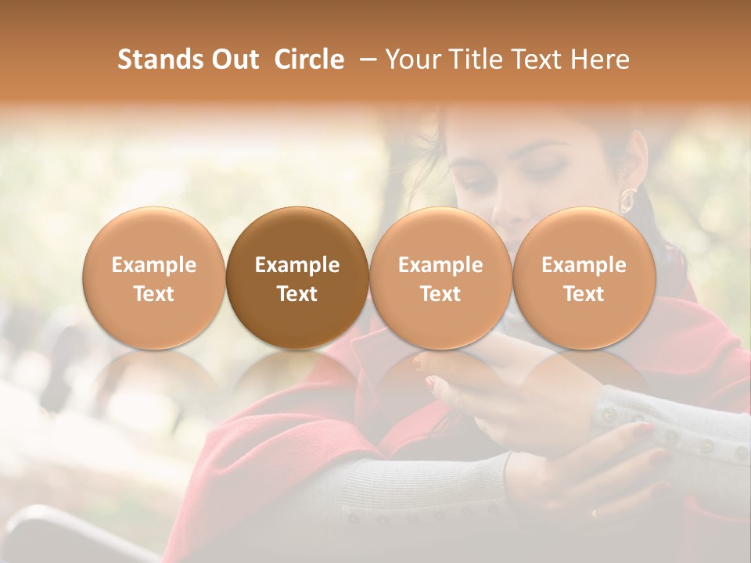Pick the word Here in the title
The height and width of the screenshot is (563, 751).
pos(600,59)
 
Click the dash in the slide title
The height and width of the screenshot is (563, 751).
pos(365,59)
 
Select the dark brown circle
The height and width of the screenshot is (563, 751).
pos(297,278)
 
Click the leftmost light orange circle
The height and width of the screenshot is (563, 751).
pos(153,278)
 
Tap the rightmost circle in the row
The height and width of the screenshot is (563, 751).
pos(584,278)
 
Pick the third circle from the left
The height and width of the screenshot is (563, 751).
pos(440,278)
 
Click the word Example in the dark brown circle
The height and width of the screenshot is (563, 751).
pos(297,265)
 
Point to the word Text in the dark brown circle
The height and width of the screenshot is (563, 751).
pos(297,294)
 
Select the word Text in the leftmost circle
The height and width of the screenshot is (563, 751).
pos(153,294)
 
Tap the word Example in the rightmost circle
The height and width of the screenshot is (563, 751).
pos(584,265)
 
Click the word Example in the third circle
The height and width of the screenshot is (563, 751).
pos(440,265)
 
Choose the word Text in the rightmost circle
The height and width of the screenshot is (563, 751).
pos(584,294)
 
